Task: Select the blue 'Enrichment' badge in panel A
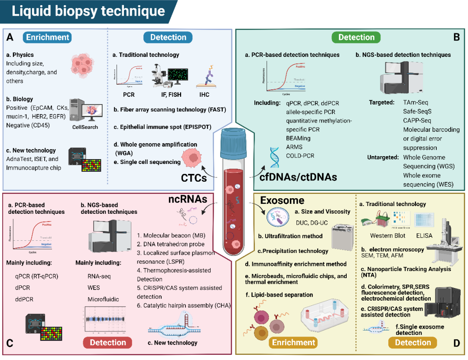[47, 37]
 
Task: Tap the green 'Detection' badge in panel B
[356, 37]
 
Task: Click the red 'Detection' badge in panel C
[108, 343]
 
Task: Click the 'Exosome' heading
[282, 200]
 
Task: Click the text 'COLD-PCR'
[300, 155]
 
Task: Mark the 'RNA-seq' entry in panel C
[99, 276]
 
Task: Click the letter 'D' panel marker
[456, 343]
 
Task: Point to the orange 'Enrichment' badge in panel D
[293, 343]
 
